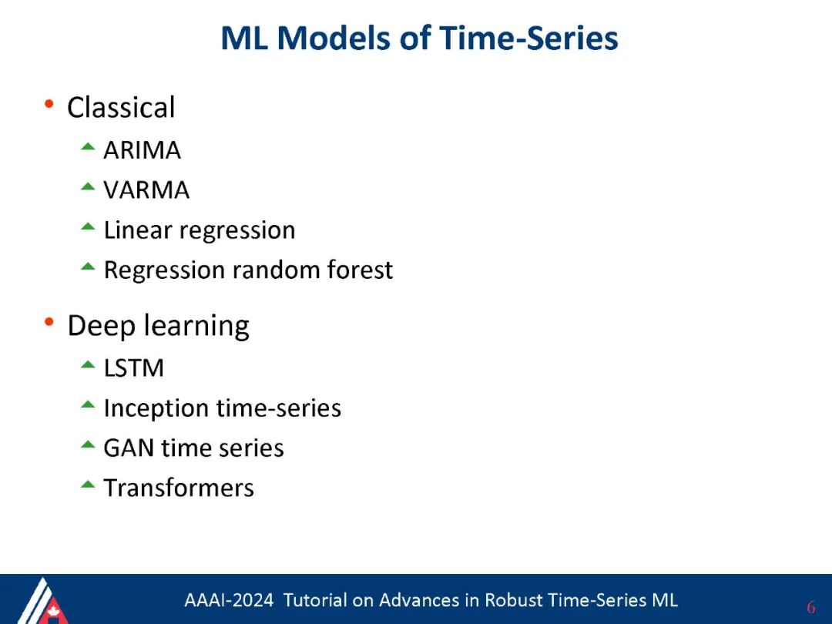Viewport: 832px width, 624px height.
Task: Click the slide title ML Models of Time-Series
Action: pyautogui.click(x=419, y=39)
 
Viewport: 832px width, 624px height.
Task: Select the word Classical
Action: pyautogui.click(x=121, y=108)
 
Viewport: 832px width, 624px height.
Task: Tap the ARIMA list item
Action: pyautogui.click(x=142, y=150)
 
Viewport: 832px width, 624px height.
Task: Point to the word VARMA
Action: pyautogui.click(x=146, y=190)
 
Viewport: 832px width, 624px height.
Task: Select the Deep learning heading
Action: pyautogui.click(x=158, y=326)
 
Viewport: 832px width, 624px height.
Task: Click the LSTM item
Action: pyautogui.click(x=134, y=368)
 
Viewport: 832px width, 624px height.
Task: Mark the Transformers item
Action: pyautogui.click(x=179, y=488)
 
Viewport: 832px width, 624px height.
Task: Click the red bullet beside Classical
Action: pyautogui.click(x=49, y=103)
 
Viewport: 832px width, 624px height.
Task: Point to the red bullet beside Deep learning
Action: pyautogui.click(x=49, y=321)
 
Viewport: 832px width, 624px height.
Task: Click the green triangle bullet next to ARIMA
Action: pyautogui.click(x=88, y=147)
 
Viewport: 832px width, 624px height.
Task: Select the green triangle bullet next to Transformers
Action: pyautogui.click(x=88, y=484)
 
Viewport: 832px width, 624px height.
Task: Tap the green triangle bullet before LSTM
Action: pyautogui.click(x=88, y=364)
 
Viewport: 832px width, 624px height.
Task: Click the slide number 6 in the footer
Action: pyautogui.click(x=810, y=607)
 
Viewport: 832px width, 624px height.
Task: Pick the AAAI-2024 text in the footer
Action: pyautogui.click(x=229, y=600)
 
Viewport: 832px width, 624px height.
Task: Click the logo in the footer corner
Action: pyautogui.click(x=42, y=601)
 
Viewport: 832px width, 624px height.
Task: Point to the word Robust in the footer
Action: pyautogui.click(x=514, y=600)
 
